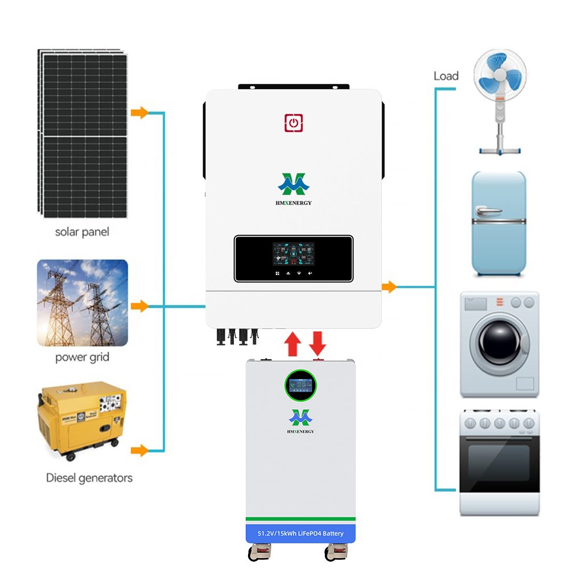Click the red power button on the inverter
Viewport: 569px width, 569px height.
pos(294,123)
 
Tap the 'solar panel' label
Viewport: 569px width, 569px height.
pos(82,232)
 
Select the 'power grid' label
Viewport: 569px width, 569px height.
pos(82,357)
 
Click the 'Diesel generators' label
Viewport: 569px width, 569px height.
pos(89,477)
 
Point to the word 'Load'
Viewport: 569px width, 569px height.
pos(446,76)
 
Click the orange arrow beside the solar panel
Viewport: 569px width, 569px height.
pos(139,113)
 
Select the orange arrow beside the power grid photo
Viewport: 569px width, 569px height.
pos(139,307)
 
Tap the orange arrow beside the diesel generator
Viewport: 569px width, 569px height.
pos(139,451)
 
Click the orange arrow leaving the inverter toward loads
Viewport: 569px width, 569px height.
pos(389,287)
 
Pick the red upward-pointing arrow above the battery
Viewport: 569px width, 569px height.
pos(292,344)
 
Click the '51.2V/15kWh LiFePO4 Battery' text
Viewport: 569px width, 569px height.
pos(300,533)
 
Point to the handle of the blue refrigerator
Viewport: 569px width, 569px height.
pos(490,211)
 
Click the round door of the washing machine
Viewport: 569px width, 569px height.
pos(499,343)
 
